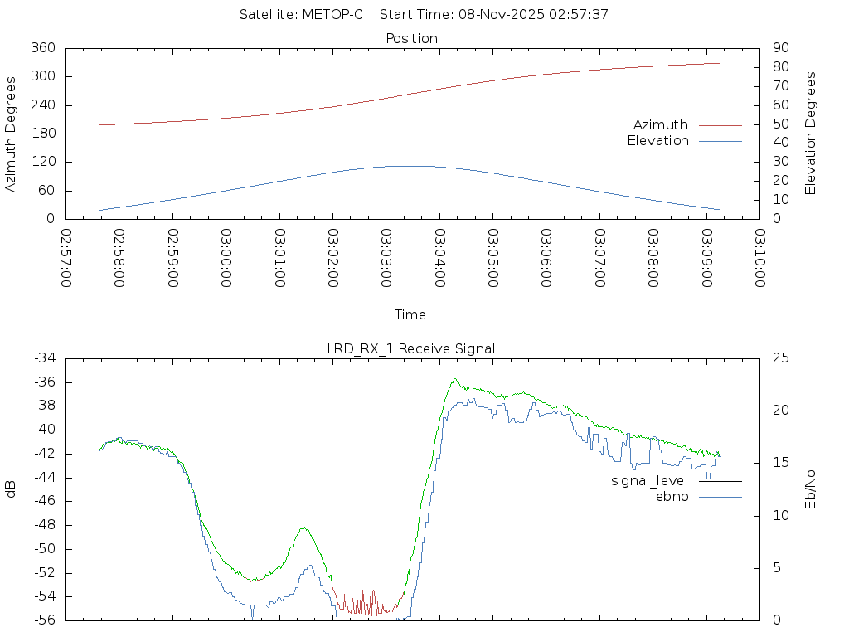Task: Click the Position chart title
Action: pos(412,38)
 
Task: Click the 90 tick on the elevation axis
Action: pos(779,48)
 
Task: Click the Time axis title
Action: pos(410,315)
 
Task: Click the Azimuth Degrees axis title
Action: pos(12,134)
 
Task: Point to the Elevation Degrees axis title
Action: pos(811,134)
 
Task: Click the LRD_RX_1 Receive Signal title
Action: pos(411,348)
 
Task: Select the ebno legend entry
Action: pos(672,496)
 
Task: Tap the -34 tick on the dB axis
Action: pos(44,358)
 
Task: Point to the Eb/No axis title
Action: pos(811,489)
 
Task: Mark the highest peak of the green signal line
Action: pos(454,379)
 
